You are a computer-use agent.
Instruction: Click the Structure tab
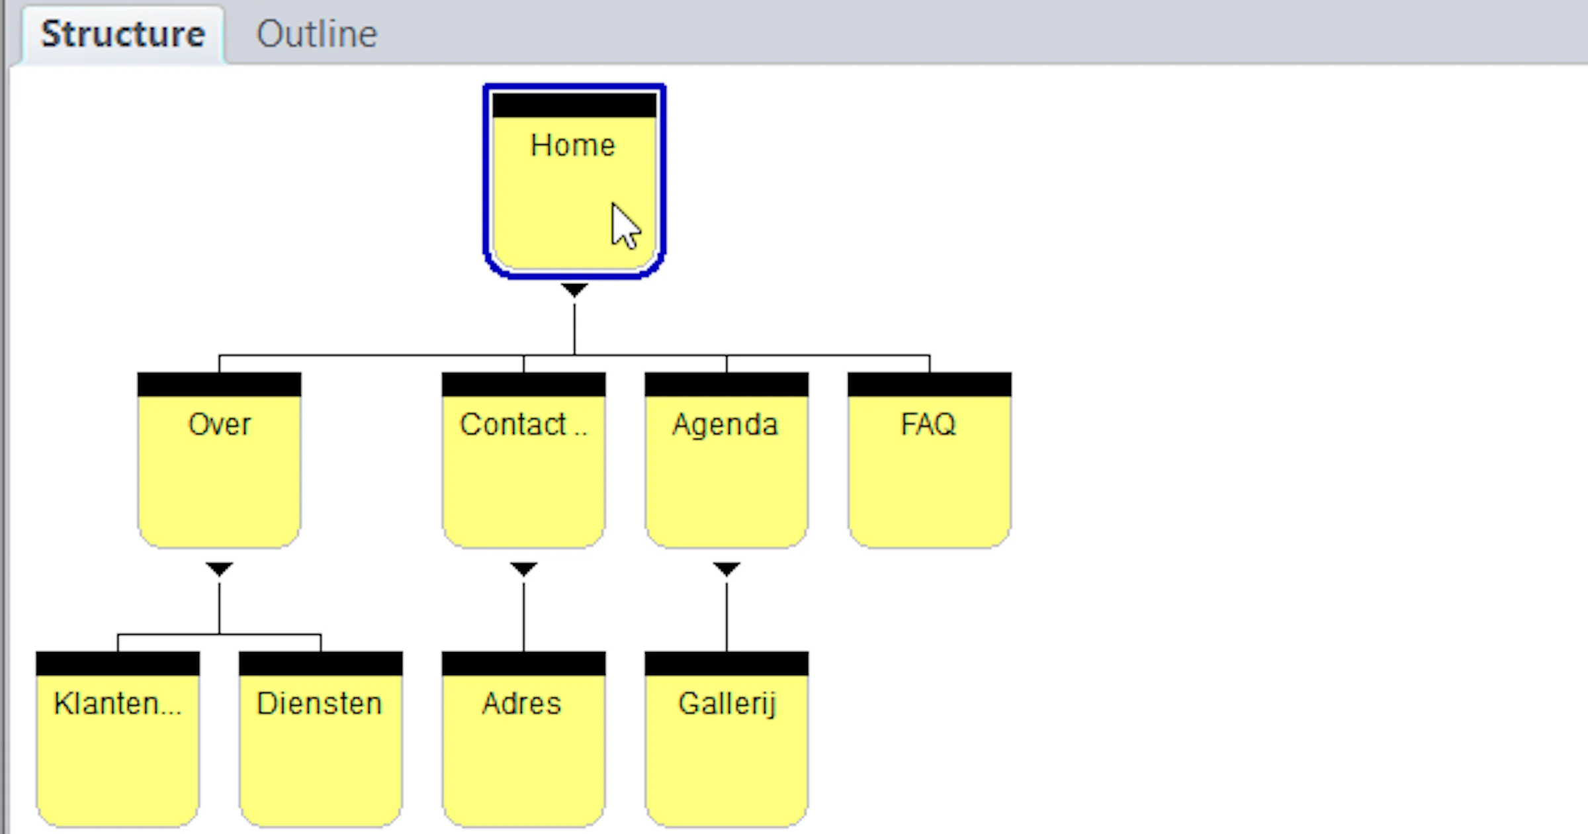(x=123, y=34)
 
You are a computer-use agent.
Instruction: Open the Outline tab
(x=316, y=34)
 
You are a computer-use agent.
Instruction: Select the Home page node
(x=574, y=181)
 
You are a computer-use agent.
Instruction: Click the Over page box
(x=219, y=460)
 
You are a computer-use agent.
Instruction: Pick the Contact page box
(x=523, y=460)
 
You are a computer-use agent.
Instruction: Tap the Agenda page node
(x=727, y=460)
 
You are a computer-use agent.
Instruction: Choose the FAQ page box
(x=930, y=460)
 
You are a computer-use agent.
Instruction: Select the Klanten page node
(x=118, y=739)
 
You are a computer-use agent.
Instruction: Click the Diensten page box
(x=321, y=739)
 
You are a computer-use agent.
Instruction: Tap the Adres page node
(x=523, y=739)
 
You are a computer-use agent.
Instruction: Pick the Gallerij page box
(x=727, y=739)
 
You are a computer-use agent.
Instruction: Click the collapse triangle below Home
(x=574, y=290)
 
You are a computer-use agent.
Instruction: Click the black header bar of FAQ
(x=930, y=385)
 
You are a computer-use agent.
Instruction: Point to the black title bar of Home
(x=574, y=105)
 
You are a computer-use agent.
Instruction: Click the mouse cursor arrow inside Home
(x=625, y=226)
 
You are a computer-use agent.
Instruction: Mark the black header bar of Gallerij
(x=727, y=664)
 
